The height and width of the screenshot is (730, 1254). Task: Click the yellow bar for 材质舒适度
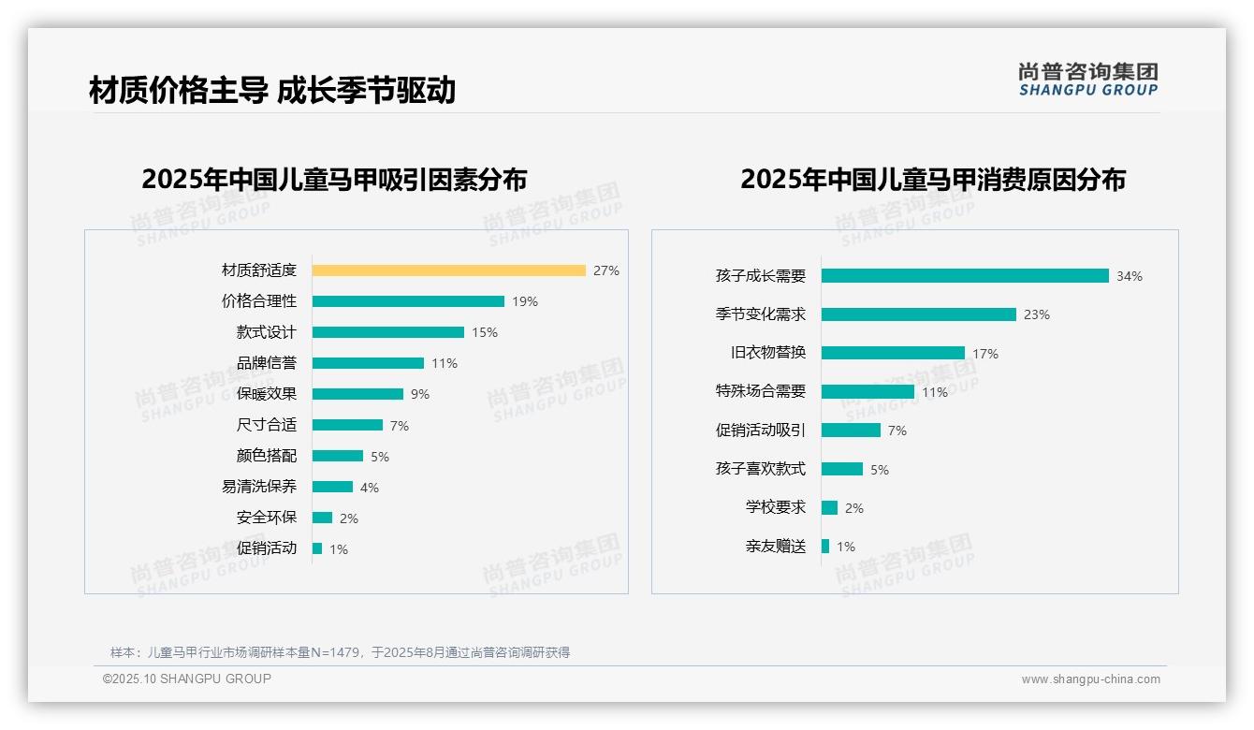pyautogui.click(x=448, y=270)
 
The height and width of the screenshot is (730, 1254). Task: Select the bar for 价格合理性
pyautogui.click(x=408, y=301)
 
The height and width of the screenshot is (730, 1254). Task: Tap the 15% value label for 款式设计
pyautogui.click(x=485, y=332)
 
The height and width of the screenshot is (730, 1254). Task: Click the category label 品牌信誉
pyautogui.click(x=267, y=363)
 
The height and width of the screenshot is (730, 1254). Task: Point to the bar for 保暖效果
pyautogui.click(x=357, y=394)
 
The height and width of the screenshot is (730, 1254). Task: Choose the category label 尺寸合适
pyautogui.click(x=267, y=425)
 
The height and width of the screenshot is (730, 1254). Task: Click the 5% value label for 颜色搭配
pyautogui.click(x=380, y=457)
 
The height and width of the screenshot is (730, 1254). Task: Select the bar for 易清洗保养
pyautogui.click(x=332, y=487)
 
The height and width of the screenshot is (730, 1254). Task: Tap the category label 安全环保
pyautogui.click(x=267, y=518)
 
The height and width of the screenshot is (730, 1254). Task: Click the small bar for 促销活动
pyautogui.click(x=317, y=548)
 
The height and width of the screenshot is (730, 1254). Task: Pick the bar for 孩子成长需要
pyautogui.click(x=965, y=276)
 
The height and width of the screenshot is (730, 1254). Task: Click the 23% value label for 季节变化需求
pyautogui.click(x=1037, y=314)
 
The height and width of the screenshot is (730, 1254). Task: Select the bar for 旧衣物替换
pyautogui.click(x=893, y=353)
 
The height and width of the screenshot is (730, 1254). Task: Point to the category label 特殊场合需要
pyautogui.click(x=761, y=391)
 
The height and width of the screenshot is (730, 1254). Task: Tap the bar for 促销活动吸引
pyautogui.click(x=851, y=430)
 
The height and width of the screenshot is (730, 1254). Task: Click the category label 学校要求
pyautogui.click(x=776, y=507)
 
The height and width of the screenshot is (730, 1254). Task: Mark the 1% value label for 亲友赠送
pyautogui.click(x=846, y=547)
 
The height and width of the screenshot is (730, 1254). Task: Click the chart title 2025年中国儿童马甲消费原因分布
pyautogui.click(x=932, y=179)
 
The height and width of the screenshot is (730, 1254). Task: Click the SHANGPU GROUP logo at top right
pyautogui.click(x=1088, y=80)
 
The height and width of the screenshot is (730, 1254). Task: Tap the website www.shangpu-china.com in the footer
pyautogui.click(x=1090, y=679)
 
